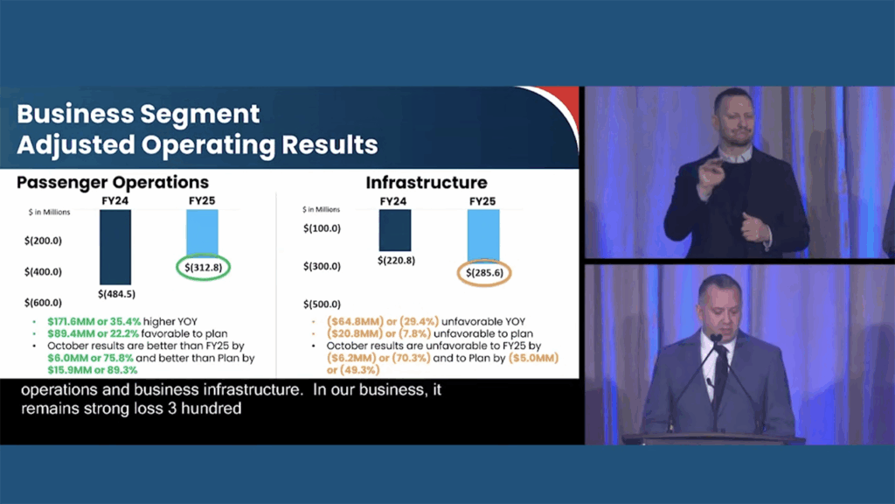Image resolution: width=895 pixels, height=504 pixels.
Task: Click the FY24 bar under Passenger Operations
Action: [115, 247]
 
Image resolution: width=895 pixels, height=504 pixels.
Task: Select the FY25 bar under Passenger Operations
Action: [202, 233]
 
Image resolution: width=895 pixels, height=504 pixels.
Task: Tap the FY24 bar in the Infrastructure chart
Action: [395, 230]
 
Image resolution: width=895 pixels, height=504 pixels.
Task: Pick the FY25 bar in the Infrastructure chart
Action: [483, 235]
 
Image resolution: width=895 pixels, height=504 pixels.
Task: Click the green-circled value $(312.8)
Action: [203, 268]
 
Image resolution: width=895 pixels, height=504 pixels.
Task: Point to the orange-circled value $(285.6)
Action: [484, 273]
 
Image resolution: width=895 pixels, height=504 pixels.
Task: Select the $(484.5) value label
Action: [116, 294]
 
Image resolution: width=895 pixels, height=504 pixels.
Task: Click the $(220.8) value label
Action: [396, 261]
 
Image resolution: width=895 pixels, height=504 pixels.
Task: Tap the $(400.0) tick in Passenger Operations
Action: [43, 271]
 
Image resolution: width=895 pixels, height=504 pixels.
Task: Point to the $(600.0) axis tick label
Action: [43, 302]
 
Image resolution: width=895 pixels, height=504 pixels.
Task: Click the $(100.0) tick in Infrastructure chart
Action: [322, 228]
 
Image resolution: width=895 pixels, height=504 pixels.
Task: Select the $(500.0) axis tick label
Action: [322, 304]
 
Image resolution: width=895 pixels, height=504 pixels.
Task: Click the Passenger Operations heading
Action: [113, 182]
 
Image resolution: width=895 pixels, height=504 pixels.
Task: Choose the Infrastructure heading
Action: [427, 183]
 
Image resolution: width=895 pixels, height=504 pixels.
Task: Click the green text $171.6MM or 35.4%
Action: [94, 322]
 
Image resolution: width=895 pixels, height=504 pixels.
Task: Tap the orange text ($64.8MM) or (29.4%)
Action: [383, 322]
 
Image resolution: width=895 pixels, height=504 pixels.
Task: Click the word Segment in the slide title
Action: [200, 115]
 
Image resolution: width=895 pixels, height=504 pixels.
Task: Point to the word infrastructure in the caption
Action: [253, 389]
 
